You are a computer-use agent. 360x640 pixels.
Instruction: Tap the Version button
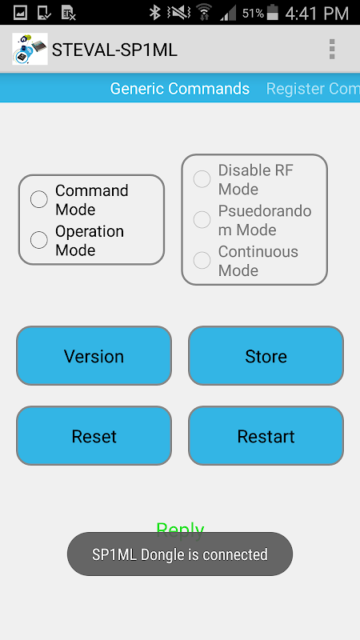pos(94,355)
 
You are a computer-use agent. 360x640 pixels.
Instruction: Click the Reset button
pos(94,435)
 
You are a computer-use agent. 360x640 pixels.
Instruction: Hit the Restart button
pos(266,435)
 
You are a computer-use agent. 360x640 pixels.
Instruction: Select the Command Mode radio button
pos(38,199)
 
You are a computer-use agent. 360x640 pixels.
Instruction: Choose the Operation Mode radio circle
pos(38,240)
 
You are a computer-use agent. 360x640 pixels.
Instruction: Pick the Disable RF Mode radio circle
pos(202,179)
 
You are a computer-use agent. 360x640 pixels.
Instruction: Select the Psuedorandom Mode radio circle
pos(202,219)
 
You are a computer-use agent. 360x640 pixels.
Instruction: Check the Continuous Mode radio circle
pos(202,261)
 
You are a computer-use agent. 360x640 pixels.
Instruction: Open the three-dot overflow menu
pos(332,49)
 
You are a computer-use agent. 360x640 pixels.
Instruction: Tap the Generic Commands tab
pos(179,89)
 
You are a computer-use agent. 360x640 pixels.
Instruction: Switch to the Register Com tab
pos(313,89)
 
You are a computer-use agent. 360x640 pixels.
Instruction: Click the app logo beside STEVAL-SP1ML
pos(30,49)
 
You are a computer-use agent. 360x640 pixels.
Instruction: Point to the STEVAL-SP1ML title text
pos(114,50)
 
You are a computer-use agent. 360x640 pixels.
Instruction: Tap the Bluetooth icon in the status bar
pos(154,13)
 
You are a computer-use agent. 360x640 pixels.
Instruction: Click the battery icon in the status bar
pos(272,13)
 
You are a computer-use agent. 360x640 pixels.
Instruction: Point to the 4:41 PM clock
pos(317,13)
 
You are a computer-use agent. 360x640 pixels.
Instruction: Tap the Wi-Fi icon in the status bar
pos(204,13)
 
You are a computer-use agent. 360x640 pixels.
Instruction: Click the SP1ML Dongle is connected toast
pos(180,554)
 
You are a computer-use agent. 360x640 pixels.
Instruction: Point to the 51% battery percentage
pos(253,14)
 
